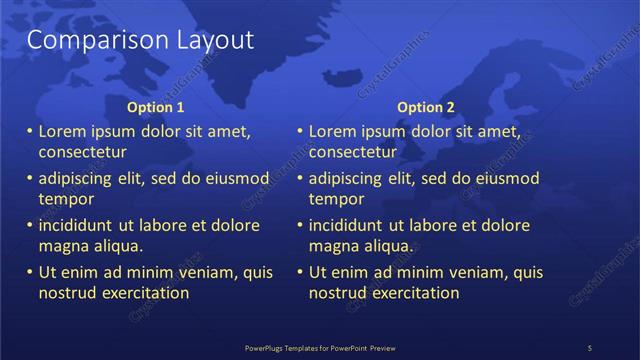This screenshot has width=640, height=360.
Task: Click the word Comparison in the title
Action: point(89,40)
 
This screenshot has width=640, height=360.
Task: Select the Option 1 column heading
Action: point(156,107)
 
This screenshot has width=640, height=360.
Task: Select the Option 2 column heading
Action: point(426,107)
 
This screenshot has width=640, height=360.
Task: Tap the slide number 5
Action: point(590,347)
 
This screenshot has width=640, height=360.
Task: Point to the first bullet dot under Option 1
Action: point(30,132)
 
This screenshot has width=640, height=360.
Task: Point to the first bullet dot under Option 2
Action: point(300,132)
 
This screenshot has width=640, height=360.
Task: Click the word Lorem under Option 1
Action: point(63,131)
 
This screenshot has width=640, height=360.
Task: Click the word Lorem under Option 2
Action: point(333,131)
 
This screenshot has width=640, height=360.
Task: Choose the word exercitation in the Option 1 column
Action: point(143,293)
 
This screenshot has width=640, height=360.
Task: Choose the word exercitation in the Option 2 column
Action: point(413,293)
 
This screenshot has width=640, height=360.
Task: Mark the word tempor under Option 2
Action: point(335,199)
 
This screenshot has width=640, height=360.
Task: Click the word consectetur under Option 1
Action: point(82,152)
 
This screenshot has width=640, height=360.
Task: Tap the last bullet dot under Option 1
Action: point(30,272)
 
